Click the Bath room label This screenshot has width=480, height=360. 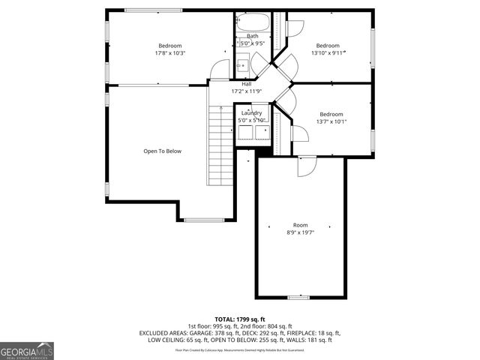[253, 36]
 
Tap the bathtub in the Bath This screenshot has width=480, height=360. [253, 22]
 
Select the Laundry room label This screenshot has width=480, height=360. [251, 112]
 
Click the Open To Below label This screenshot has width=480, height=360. [163, 151]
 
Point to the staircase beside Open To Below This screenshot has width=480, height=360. [220, 146]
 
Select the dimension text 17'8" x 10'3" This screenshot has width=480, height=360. [170, 53]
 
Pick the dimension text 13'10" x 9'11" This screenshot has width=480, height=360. [328, 53]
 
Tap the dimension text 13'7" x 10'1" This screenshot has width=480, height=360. [331, 121]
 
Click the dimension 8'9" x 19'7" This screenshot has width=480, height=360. [300, 232]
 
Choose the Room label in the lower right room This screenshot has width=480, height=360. [300, 225]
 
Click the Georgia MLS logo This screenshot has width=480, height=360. [27, 350]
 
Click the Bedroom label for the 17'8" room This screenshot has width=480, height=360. [170, 46]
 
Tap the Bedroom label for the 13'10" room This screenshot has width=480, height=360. [328, 46]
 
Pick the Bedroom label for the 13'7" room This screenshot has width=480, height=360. [331, 114]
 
